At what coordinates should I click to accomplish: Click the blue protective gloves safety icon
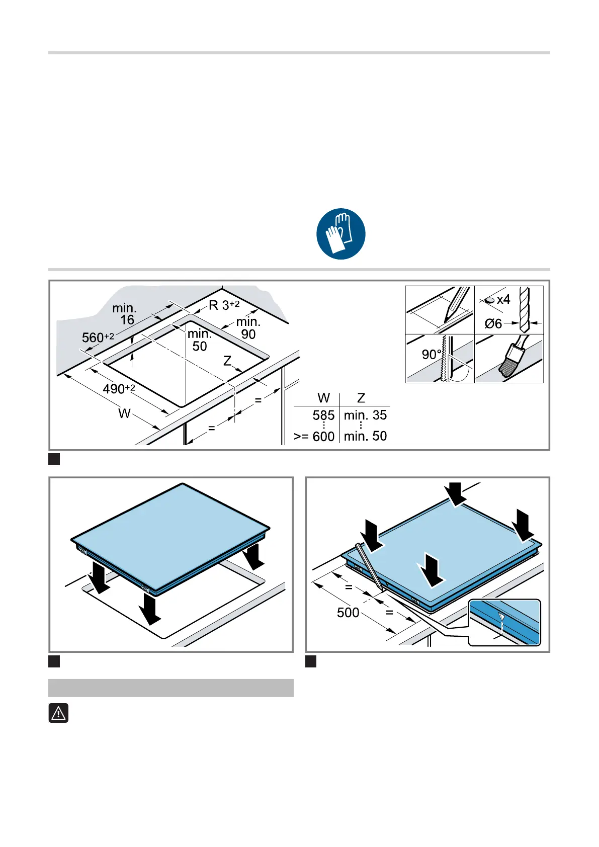pyautogui.click(x=340, y=234)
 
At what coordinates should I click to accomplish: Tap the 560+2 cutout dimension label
pyautogui.click(x=98, y=337)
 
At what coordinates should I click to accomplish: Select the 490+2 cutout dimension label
pyautogui.click(x=119, y=388)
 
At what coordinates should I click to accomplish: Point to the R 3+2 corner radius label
pyautogui.click(x=224, y=305)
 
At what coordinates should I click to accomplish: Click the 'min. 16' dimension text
pyautogui.click(x=124, y=314)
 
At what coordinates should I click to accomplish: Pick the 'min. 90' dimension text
pyautogui.click(x=248, y=328)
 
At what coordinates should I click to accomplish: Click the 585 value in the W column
pyautogui.click(x=323, y=415)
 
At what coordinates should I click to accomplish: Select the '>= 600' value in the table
pyautogui.click(x=314, y=437)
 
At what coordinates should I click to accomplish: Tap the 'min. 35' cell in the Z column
pyautogui.click(x=365, y=415)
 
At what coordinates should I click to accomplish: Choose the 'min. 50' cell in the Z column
pyautogui.click(x=365, y=436)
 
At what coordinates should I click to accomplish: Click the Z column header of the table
pyautogui.click(x=361, y=398)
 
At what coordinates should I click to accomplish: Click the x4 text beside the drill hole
pyautogui.click(x=503, y=299)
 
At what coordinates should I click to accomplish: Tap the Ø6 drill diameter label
pyautogui.click(x=493, y=324)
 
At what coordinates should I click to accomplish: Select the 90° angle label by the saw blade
pyautogui.click(x=432, y=354)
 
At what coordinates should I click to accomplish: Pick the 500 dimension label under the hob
pyautogui.click(x=348, y=613)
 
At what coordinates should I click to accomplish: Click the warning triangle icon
pyautogui.click(x=59, y=713)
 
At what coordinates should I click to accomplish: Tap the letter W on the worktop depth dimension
pyautogui.click(x=124, y=413)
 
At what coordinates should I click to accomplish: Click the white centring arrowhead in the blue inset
pyautogui.click(x=501, y=617)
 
